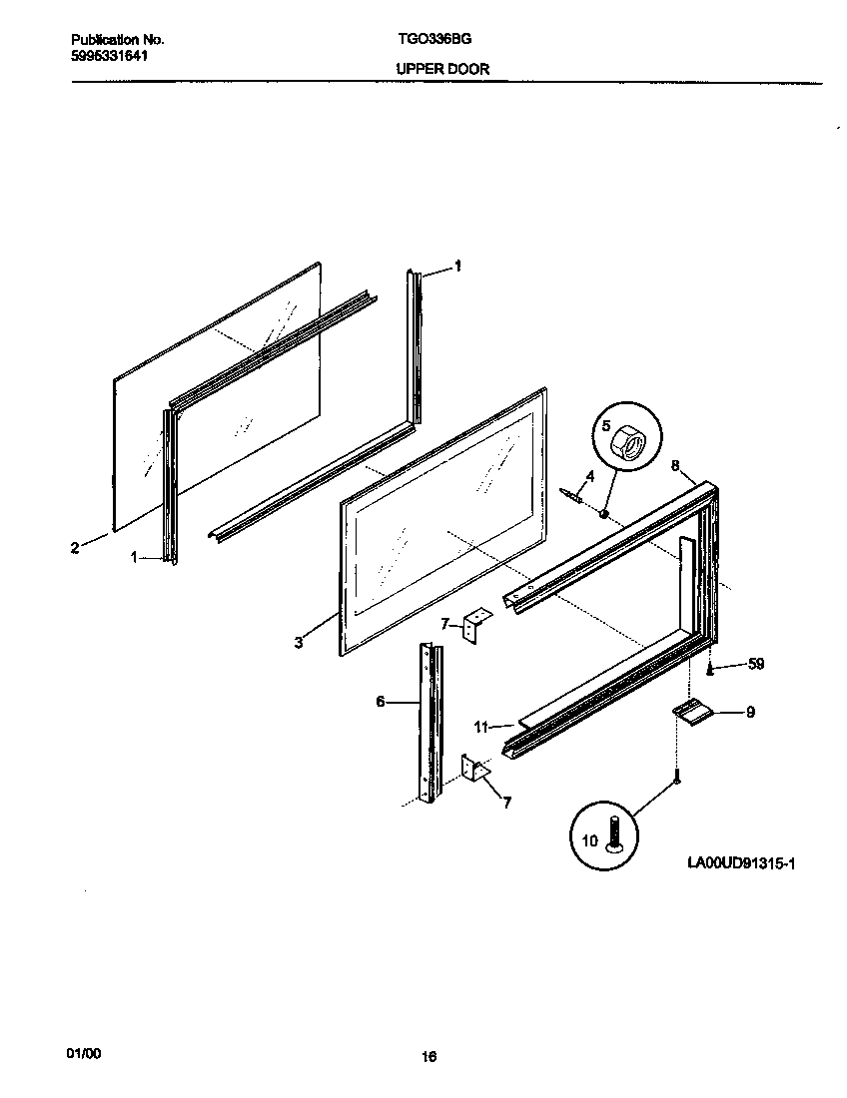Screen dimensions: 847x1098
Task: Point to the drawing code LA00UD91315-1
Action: [740, 862]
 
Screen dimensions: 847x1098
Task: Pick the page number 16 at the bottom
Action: [429, 1057]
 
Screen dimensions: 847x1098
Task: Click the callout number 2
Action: [75, 547]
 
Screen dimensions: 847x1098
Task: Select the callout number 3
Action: [299, 643]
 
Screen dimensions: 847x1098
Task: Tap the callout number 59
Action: [755, 664]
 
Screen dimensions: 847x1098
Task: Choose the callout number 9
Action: [750, 712]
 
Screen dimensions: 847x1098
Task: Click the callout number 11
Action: [481, 727]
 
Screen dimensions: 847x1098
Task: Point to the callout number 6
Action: [381, 702]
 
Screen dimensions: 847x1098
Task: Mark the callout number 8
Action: [675, 465]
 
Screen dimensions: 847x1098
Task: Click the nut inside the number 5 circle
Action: [630, 439]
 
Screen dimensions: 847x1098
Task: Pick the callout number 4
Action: [590, 476]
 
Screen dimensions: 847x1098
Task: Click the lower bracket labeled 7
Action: [472, 770]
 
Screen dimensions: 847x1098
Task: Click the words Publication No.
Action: [118, 40]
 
